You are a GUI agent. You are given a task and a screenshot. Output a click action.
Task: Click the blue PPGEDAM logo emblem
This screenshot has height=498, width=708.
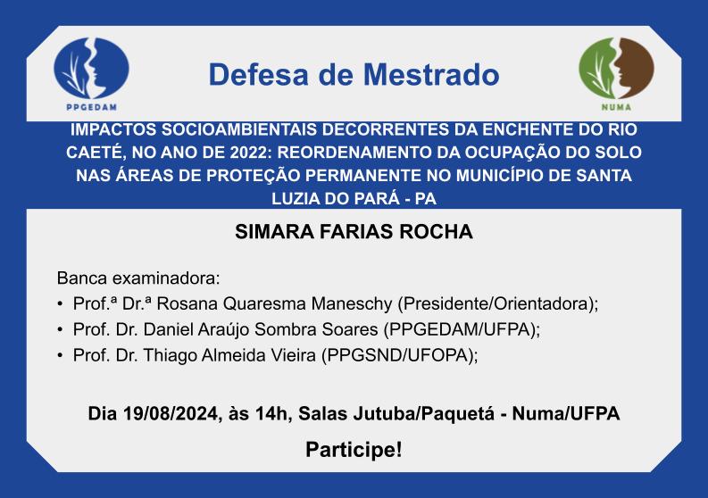(x=91, y=68)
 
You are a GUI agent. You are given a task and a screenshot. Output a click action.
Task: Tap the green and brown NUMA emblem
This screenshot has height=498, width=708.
(x=616, y=68)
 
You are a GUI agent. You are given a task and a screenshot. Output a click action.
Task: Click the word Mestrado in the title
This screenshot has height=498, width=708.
(x=431, y=74)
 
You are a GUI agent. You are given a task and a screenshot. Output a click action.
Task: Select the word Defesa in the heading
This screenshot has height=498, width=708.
(x=258, y=74)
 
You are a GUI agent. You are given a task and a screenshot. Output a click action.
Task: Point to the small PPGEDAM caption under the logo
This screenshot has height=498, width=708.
(x=92, y=107)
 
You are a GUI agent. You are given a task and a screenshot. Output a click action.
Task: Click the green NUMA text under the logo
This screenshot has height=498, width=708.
(x=616, y=107)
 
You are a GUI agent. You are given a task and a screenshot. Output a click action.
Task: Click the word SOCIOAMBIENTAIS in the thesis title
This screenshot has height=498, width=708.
(x=239, y=129)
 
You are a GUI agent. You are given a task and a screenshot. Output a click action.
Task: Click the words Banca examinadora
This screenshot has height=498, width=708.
(x=138, y=278)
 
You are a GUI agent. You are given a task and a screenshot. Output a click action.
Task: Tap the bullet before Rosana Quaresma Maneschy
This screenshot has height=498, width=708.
(x=60, y=304)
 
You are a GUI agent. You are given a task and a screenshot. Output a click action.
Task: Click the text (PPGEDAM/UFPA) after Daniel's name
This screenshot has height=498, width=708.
(x=461, y=329)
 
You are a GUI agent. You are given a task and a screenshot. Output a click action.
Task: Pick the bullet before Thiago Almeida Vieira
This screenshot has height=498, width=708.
(x=60, y=356)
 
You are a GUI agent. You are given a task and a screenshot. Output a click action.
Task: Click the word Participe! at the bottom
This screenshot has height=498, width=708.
(x=354, y=450)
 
